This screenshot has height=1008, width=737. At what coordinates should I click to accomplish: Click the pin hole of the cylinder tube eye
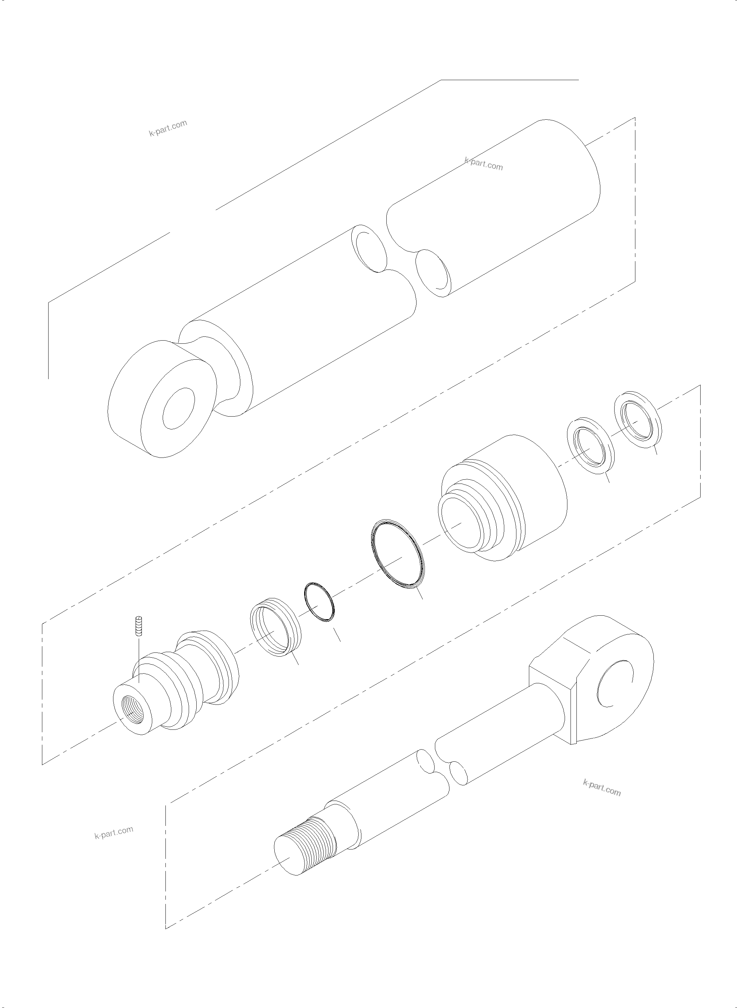click(179, 408)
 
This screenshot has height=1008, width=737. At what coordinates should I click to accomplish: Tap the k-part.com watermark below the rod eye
click(601, 788)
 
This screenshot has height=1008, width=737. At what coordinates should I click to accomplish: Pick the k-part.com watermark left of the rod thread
click(114, 832)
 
